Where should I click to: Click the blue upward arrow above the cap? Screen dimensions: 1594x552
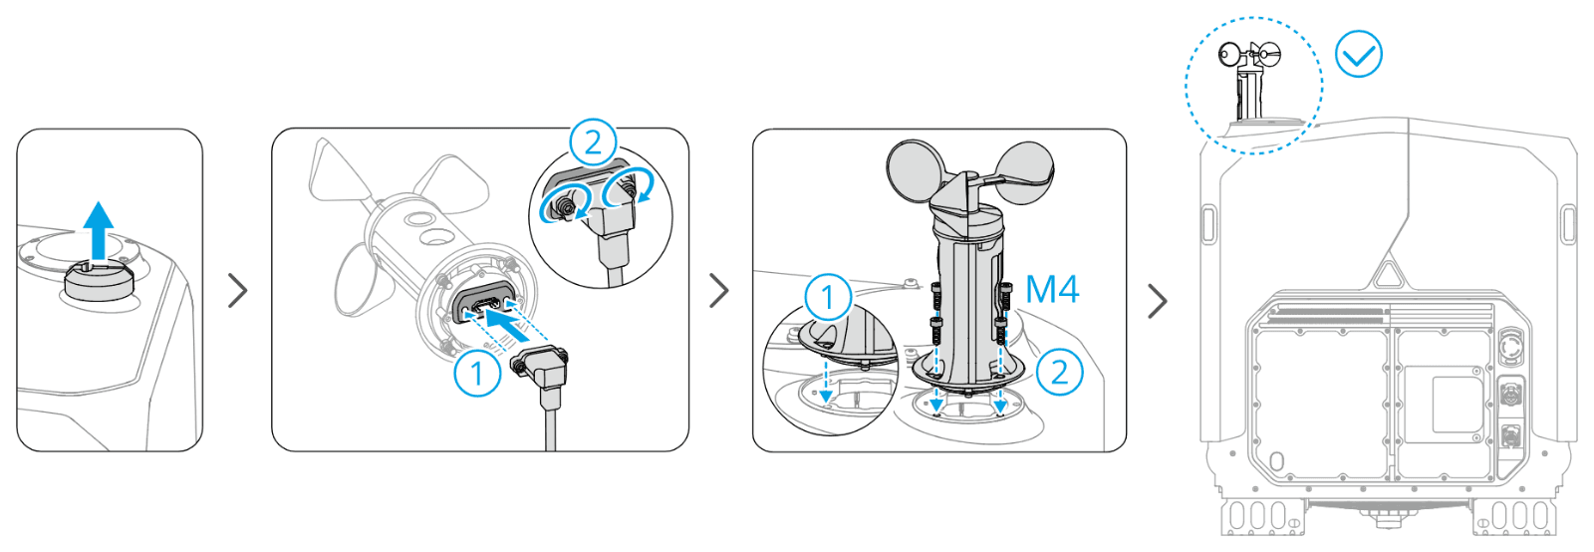click(x=99, y=230)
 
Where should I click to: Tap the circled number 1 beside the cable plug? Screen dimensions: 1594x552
click(x=477, y=372)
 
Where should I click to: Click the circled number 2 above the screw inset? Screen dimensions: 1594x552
click(x=593, y=142)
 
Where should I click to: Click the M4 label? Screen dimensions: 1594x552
click(x=1052, y=289)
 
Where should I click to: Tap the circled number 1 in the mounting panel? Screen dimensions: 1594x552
click(x=828, y=297)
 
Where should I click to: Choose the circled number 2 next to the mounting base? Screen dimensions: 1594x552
click(x=1060, y=372)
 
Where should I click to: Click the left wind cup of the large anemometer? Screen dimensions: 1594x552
click(x=916, y=172)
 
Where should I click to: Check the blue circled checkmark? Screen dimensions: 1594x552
click(x=1359, y=54)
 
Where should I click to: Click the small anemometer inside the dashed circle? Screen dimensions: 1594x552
click(x=1249, y=80)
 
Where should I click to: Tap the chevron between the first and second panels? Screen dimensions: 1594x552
click(x=238, y=290)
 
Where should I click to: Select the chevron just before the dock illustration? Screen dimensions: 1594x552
click(x=1158, y=302)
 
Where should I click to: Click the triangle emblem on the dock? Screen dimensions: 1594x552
click(x=1387, y=274)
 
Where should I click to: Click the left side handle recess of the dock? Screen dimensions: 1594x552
click(x=1207, y=223)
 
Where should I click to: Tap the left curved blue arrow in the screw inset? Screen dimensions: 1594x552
click(x=564, y=203)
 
